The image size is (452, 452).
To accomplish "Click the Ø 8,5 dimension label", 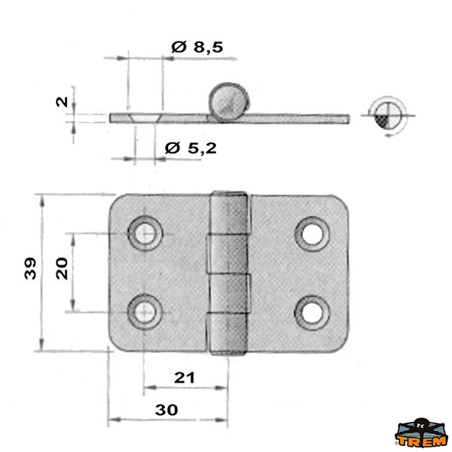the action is (x=197, y=47).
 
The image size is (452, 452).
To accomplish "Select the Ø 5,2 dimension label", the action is (x=191, y=148).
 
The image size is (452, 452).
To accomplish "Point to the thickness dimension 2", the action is (x=62, y=102).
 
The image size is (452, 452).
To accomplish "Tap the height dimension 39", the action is (x=30, y=269).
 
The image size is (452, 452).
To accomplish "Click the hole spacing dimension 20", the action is (x=62, y=269).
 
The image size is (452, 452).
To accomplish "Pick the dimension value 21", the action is (x=185, y=377).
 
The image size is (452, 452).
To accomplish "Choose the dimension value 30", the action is (x=166, y=410).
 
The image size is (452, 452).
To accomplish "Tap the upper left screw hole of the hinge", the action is (x=145, y=233).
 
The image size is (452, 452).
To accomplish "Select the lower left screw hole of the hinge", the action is (x=145, y=312).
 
